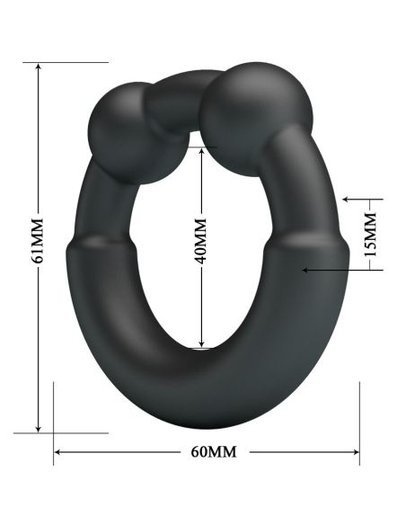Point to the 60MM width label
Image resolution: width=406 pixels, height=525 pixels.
point(208,451)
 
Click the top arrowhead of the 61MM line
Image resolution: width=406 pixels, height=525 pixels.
point(38,68)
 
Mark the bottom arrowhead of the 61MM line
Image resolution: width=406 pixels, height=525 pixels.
point(38,428)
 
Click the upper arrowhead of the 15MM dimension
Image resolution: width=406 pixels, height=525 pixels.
point(349,200)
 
